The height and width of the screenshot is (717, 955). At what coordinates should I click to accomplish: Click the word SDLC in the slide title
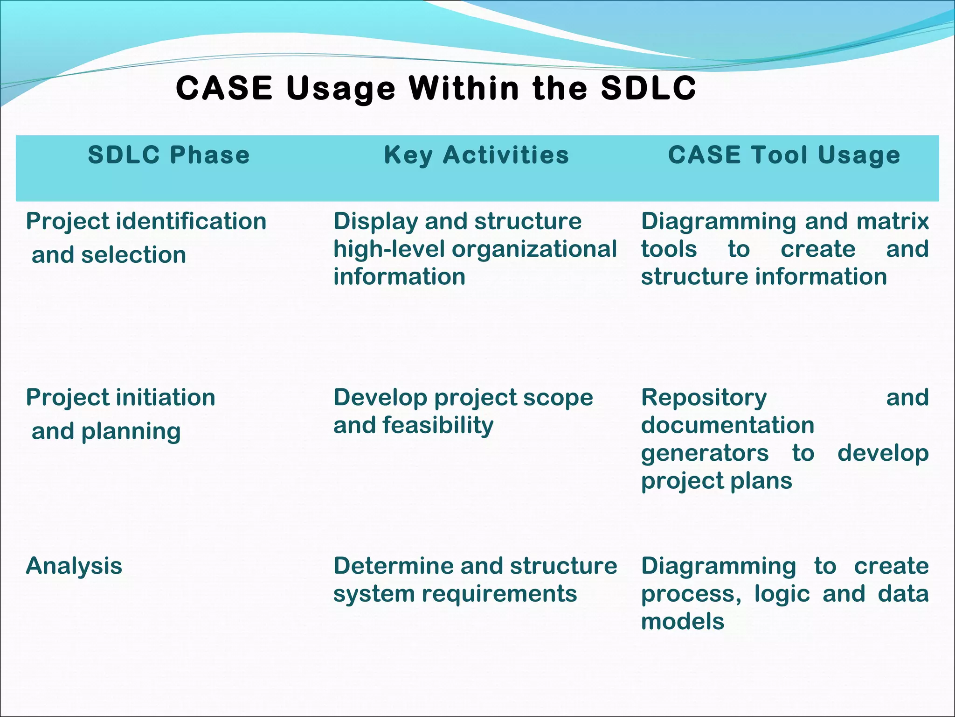(648, 88)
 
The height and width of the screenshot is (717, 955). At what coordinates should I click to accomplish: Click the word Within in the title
(464, 88)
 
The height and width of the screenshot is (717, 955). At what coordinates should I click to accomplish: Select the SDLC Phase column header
(169, 155)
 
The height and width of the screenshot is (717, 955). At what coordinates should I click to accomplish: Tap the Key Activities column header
(477, 155)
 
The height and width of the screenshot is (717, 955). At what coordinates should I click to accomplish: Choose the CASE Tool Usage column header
(784, 155)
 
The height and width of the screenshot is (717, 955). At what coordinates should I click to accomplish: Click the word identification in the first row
(191, 221)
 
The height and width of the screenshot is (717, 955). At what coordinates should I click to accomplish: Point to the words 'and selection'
(109, 255)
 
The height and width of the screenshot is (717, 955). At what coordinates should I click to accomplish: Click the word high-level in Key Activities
(389, 249)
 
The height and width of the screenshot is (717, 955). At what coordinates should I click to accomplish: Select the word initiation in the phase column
(166, 398)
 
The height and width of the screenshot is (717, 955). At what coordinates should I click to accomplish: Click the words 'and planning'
(106, 431)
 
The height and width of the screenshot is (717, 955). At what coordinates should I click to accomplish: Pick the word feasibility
(438, 426)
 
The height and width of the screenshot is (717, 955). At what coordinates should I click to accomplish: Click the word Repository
(704, 398)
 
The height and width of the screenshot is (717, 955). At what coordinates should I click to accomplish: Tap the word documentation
(727, 425)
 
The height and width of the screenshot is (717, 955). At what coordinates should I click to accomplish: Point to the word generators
(705, 453)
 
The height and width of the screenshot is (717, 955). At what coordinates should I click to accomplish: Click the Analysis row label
(74, 566)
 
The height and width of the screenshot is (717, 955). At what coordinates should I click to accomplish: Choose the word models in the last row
(683, 622)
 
